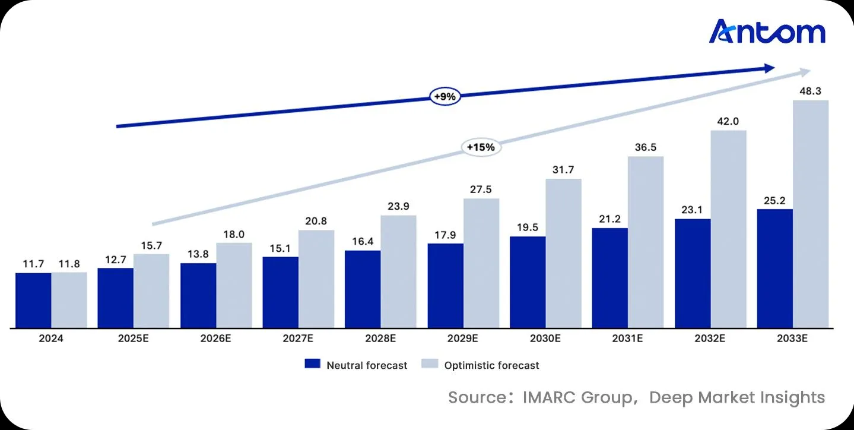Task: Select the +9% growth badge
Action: coord(445,97)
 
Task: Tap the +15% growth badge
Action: coord(481,147)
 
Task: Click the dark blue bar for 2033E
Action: coord(774,268)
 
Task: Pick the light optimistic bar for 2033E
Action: coord(811,214)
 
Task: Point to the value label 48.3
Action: coord(810,91)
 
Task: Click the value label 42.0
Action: coord(728,121)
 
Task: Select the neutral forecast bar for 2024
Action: coord(33,301)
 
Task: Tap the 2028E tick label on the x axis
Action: coord(380,339)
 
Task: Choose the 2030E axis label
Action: coord(545,339)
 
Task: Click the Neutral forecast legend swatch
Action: coord(312,363)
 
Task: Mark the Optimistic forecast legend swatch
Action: coord(430,363)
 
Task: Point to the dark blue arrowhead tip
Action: coord(774,68)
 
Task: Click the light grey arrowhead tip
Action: coord(811,71)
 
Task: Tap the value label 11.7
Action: coord(33,264)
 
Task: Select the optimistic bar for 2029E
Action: coord(481,263)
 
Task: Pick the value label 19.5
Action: coord(527,228)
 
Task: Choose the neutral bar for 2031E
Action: coord(609,278)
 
